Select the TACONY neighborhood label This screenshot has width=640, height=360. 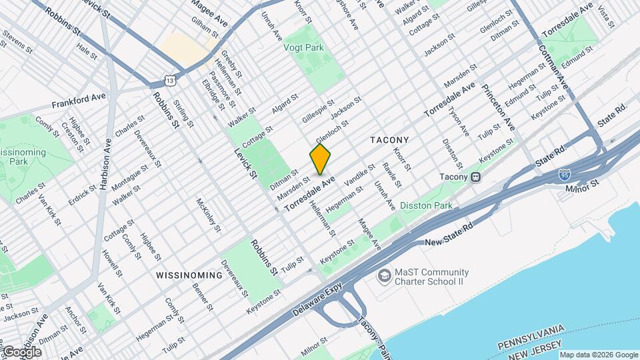[x=389, y=140]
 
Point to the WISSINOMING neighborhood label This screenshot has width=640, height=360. [x=189, y=275]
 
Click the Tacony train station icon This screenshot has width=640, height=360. [x=476, y=177]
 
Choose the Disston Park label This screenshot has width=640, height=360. [x=426, y=205]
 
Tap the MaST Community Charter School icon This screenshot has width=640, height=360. [x=385, y=275]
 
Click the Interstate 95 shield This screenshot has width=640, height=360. [x=564, y=175]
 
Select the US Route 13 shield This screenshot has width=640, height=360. [x=171, y=80]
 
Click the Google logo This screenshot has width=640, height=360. [x=22, y=351]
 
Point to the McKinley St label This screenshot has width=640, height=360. [x=208, y=215]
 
